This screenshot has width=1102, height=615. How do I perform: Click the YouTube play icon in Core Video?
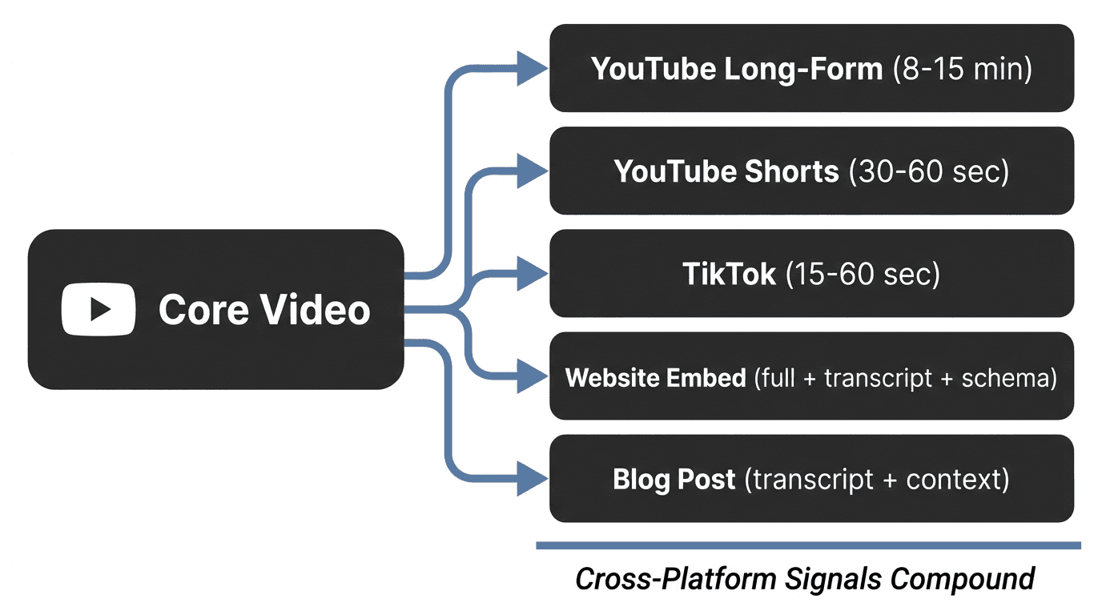pos(99,309)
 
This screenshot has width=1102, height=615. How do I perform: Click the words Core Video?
pos(264,310)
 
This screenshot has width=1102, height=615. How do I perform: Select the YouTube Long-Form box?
pos(810,68)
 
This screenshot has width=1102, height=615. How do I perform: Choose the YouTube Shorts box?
pos(810,171)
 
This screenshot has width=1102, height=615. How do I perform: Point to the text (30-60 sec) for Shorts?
pos(928,171)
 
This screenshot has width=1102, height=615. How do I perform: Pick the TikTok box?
pos(810,273)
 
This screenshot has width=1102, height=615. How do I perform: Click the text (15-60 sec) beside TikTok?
pos(863,274)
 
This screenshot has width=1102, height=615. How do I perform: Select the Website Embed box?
pos(810,376)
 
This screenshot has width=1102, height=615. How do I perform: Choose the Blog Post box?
pos(810,479)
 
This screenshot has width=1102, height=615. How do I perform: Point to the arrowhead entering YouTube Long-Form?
pos(532,68)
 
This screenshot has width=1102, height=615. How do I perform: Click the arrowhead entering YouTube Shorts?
pos(532,171)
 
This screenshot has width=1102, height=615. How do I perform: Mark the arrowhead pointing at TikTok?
pos(532,273)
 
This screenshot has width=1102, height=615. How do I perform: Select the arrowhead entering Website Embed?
pos(532,376)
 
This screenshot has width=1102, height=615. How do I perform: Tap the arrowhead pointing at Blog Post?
pos(532,479)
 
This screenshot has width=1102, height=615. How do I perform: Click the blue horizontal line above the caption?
pos(808,546)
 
